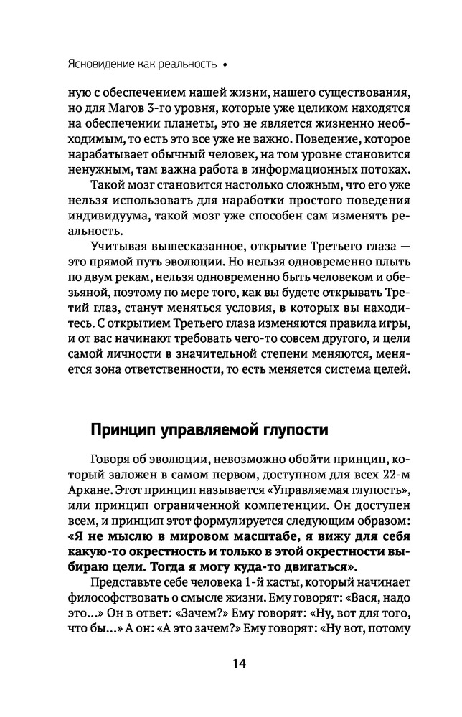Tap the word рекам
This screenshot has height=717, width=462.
121,285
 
